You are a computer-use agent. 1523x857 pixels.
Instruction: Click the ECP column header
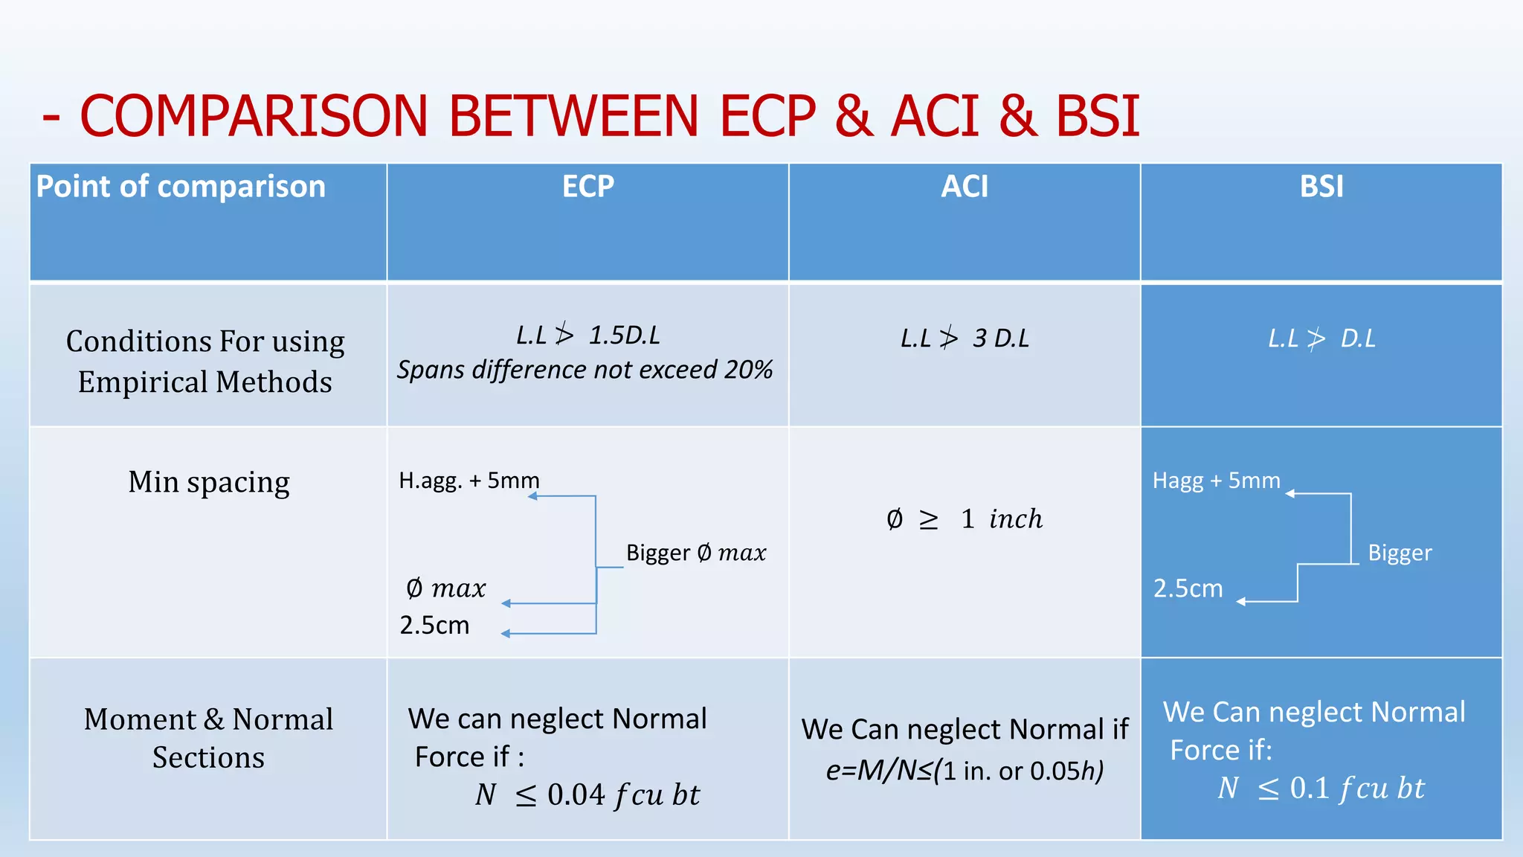coord(587,186)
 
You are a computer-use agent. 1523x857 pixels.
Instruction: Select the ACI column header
coord(965,186)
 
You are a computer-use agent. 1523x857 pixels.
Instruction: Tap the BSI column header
coord(1321,186)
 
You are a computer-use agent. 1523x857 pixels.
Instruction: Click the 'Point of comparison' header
coord(181,186)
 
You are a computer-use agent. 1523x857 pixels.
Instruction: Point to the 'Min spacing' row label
coord(209,482)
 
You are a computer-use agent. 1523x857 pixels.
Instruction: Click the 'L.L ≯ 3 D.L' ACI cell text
coord(965,338)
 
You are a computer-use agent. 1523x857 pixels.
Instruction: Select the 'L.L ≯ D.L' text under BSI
coord(1321,338)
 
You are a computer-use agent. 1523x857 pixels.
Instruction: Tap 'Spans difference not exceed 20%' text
coord(585,370)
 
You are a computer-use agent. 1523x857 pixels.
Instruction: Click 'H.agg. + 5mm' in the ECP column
coord(469,481)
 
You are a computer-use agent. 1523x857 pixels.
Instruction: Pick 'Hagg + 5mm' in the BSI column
coord(1216,481)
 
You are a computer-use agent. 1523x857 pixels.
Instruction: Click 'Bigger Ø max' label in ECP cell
coord(695,553)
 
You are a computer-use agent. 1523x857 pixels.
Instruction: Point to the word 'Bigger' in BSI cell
coord(1400,553)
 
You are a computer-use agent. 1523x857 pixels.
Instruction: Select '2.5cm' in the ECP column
coord(434,625)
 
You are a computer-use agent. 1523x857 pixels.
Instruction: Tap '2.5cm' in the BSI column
coord(1188,588)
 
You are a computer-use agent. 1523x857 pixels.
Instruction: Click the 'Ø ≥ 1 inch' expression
coord(965,519)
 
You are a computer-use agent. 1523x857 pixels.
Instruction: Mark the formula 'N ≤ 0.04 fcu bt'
coord(587,795)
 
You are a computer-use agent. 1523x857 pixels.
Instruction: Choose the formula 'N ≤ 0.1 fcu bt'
coord(1321,788)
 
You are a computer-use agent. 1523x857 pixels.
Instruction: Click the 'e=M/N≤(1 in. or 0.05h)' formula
coord(965,771)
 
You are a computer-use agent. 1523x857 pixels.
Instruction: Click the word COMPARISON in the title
coord(253,116)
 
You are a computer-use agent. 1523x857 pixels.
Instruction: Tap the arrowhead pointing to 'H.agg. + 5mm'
coord(532,496)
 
